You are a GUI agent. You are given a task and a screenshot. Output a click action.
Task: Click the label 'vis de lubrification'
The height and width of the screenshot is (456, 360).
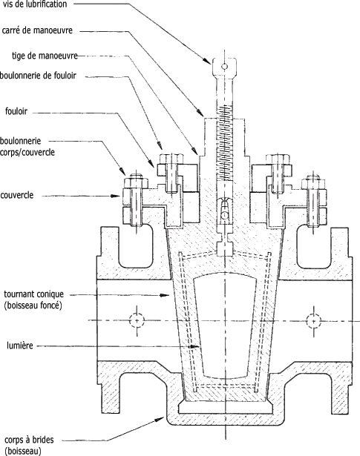[x=35, y=4]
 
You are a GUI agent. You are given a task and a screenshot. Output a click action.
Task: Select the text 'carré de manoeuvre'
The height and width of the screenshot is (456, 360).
[x=37, y=30]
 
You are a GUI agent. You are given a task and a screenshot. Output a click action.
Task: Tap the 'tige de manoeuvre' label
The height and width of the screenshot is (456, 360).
[x=45, y=56]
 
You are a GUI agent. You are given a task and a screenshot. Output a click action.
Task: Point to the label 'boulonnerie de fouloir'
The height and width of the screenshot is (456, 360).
[x=38, y=76]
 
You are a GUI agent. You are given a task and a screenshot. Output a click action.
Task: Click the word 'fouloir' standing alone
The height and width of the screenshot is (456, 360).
[x=16, y=111]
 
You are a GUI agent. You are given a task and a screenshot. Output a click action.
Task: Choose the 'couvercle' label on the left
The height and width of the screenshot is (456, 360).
[x=17, y=195]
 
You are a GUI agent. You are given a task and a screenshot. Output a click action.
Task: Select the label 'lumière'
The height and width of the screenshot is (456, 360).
[x=20, y=346]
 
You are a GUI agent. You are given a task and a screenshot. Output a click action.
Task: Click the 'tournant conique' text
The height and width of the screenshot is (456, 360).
[x=33, y=294]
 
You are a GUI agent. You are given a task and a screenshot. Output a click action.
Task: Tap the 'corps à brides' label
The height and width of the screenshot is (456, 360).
[x=30, y=440]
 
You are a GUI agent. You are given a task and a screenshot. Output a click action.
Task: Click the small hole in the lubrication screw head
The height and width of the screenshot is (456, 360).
[x=224, y=67]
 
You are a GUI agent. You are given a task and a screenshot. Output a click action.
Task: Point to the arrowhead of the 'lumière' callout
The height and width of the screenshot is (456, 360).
[x=194, y=347]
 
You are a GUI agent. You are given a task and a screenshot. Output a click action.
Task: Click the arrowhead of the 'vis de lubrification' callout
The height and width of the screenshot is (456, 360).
[x=207, y=60]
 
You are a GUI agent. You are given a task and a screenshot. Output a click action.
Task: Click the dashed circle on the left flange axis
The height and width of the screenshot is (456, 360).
[x=137, y=321]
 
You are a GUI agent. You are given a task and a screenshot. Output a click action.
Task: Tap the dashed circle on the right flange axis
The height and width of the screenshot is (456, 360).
[x=314, y=321]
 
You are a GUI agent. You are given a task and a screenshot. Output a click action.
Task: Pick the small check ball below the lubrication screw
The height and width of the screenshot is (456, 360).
[x=224, y=215]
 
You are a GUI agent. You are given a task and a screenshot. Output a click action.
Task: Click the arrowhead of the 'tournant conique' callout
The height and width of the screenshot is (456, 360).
[x=165, y=295]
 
